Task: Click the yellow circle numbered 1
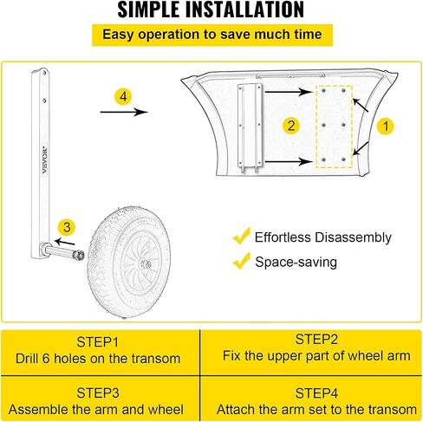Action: [x=386, y=126]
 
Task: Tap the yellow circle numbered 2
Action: [x=291, y=126]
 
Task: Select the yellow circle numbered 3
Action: [x=67, y=227]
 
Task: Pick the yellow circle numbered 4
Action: [x=123, y=96]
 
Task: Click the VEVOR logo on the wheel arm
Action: [x=45, y=160]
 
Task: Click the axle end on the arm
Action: [x=79, y=255]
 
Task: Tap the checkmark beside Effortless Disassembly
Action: [x=241, y=236]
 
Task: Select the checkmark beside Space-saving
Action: [x=241, y=261]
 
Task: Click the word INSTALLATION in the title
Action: [x=244, y=10]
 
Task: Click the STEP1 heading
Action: [x=98, y=342]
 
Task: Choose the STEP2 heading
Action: [x=316, y=339]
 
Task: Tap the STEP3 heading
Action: [x=98, y=393]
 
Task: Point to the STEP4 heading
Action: [x=316, y=393]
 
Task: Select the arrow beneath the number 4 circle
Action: [x=124, y=112]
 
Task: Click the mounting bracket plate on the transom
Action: [x=250, y=128]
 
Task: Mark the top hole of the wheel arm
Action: [x=44, y=73]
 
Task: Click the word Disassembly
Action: [x=353, y=237]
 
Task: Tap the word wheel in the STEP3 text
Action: [x=166, y=410]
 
